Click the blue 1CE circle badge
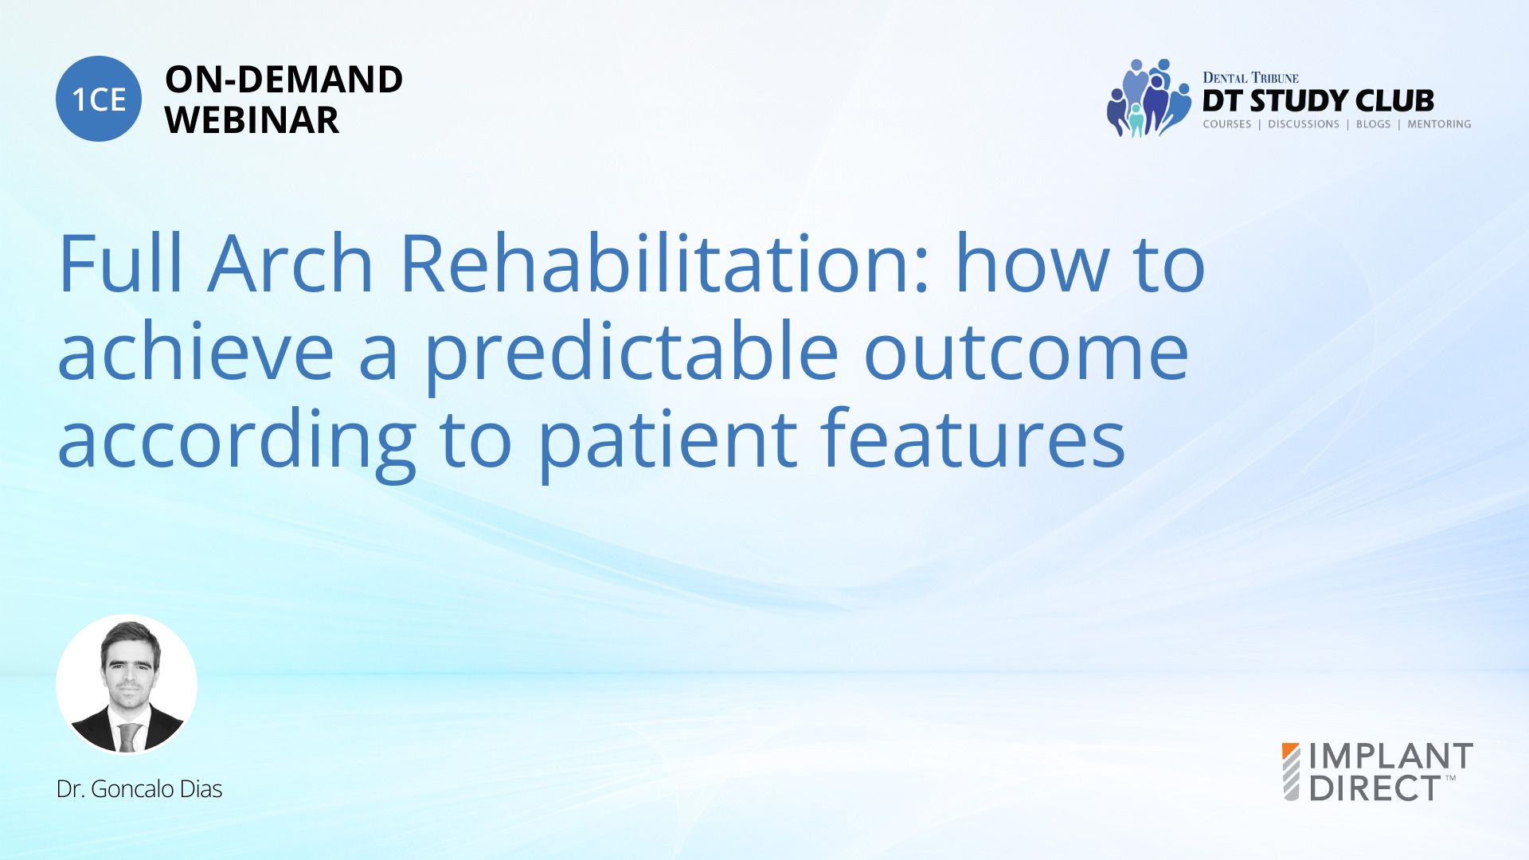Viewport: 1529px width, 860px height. (x=99, y=99)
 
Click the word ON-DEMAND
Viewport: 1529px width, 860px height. (x=284, y=80)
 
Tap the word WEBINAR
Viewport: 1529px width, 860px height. (x=252, y=120)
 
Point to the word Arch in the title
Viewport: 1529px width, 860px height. (x=290, y=263)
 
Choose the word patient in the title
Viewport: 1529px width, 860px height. (x=667, y=442)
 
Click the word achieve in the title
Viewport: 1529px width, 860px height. (x=195, y=350)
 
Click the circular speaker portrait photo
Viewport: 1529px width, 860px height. (x=127, y=684)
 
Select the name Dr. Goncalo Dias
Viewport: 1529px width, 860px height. (x=139, y=789)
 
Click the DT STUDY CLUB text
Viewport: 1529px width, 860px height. (x=1318, y=101)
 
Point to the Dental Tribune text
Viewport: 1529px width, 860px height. (x=1250, y=77)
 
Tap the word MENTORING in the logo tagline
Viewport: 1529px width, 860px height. (x=1439, y=124)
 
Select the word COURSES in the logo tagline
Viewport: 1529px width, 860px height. (x=1226, y=124)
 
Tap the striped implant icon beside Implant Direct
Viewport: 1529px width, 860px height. (x=1291, y=772)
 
